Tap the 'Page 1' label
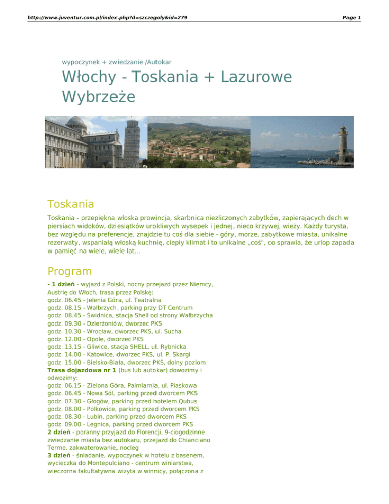[x=352, y=17]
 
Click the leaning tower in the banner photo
[x=131, y=137]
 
